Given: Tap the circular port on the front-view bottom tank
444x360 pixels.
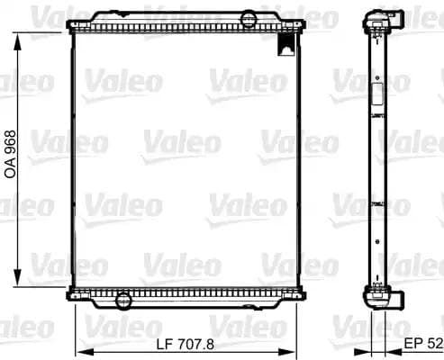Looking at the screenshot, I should [x=124, y=299].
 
